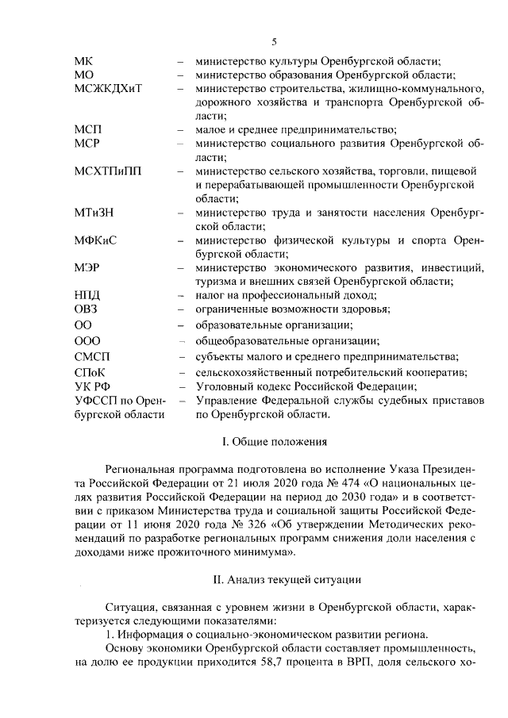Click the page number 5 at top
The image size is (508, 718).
(x=273, y=41)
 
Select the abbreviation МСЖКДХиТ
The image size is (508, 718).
(x=108, y=87)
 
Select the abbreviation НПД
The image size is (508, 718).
(x=87, y=294)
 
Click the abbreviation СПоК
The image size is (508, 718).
(x=89, y=372)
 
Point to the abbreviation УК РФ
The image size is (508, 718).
(x=90, y=386)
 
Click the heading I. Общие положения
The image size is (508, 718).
(x=274, y=440)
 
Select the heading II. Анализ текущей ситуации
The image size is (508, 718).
(x=274, y=579)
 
